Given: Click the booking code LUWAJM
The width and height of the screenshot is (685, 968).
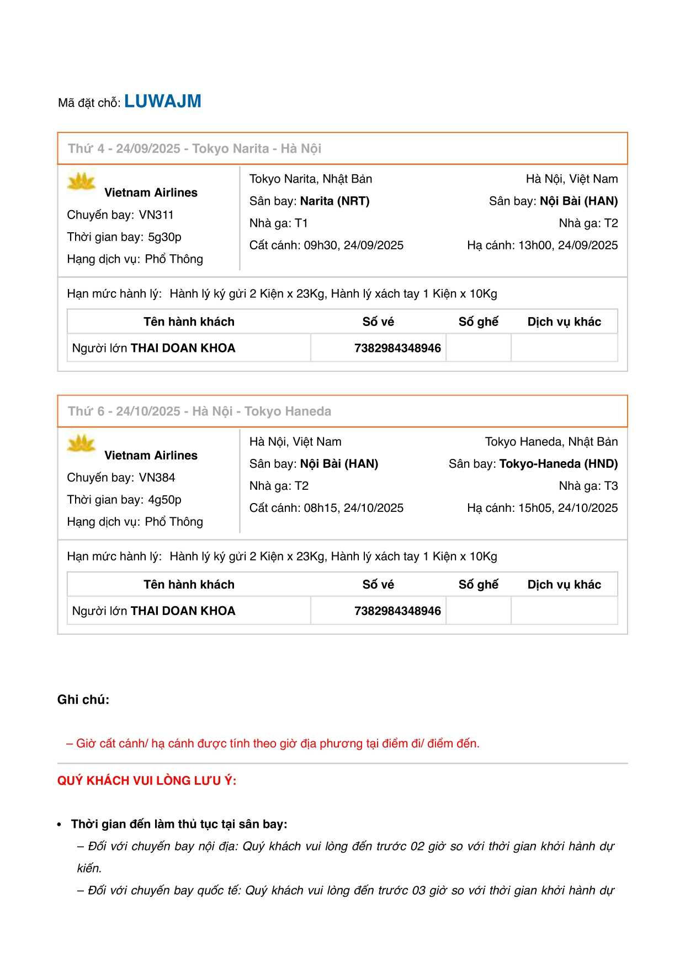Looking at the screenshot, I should (162, 101).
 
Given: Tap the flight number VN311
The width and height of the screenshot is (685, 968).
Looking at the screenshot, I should (156, 215).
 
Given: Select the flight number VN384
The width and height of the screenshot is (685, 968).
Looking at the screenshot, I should (157, 478).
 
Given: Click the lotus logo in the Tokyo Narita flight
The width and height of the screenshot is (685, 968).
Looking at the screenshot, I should (81, 182).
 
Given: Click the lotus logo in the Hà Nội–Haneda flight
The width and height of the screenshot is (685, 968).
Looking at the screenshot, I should (81, 445).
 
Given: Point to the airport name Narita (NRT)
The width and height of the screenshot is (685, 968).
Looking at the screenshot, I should (334, 201).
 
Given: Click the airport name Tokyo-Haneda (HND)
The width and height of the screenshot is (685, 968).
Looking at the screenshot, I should (558, 464).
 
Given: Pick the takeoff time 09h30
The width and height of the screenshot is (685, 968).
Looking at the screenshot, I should (318, 245).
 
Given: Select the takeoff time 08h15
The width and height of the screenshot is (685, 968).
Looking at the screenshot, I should (318, 508).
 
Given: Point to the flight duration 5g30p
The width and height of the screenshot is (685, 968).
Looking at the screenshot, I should (164, 237).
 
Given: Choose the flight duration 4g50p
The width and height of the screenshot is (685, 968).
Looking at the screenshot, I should (164, 500).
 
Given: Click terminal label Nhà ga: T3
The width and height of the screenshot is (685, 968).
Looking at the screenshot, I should (588, 486).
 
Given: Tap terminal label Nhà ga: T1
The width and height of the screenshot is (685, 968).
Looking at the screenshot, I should (278, 223).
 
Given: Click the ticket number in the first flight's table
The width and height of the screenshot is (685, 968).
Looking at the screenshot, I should (397, 348).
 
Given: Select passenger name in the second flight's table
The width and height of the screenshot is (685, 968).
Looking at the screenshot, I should (183, 611).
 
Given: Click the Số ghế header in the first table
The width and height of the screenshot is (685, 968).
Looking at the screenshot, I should (478, 322).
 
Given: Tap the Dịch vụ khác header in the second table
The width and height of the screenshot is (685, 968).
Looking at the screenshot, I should (564, 585).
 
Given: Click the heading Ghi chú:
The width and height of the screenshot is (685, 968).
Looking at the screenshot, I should (83, 700).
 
